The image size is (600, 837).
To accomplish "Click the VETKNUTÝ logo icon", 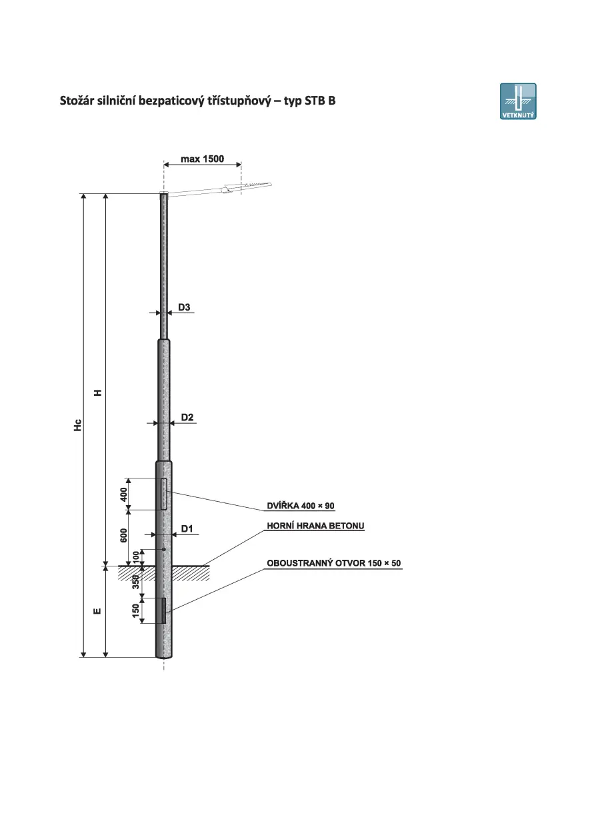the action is [518, 101].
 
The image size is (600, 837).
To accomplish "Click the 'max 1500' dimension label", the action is [202, 159].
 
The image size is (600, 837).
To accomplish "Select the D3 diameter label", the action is [184, 307].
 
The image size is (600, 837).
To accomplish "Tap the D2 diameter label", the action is [187, 417].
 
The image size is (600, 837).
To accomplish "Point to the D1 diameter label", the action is [187, 528].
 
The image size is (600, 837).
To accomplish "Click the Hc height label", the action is [78, 425].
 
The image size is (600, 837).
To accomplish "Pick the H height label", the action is [97, 393].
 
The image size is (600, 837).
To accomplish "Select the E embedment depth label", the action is [97, 611].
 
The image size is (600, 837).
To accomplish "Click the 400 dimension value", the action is [123, 494].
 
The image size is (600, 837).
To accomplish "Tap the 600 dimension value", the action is [123, 536].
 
